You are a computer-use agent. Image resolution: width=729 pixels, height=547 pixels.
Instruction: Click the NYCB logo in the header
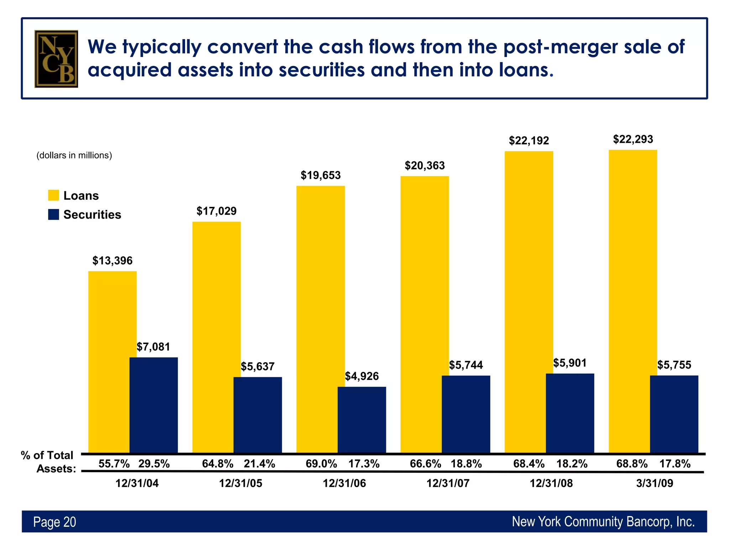56,59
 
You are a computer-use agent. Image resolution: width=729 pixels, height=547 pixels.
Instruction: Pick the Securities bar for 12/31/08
570,413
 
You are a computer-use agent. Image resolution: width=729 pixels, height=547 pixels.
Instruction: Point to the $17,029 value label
216,211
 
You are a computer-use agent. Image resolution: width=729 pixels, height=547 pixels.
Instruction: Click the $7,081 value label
153,347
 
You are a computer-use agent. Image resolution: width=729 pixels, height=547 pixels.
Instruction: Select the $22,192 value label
529,141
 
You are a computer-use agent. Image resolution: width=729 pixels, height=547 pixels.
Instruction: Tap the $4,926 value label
362,376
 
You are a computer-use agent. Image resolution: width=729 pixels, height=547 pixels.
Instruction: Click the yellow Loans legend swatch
53,196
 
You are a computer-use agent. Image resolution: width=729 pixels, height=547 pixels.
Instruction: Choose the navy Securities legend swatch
53,214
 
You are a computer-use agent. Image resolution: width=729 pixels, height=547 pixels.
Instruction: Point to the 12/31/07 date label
448,483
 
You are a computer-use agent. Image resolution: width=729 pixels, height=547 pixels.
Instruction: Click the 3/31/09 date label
655,483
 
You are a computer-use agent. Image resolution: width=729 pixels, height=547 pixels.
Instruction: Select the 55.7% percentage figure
114,464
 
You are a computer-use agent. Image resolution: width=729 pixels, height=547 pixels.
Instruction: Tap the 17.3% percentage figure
364,464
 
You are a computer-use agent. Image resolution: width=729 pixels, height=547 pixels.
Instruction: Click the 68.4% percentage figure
529,464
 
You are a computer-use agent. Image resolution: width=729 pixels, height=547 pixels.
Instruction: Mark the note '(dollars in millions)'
74,155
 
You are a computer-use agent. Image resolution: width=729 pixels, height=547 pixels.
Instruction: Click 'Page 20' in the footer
54,522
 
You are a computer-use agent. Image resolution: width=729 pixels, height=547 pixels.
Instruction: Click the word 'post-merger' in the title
560,47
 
